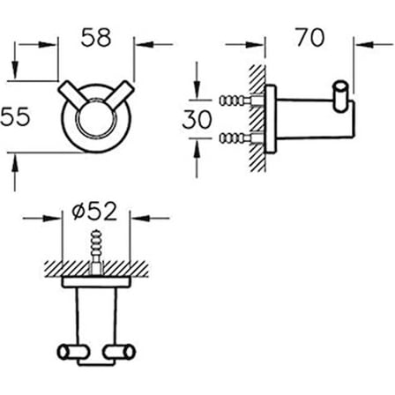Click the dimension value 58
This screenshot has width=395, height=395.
coord(96,37)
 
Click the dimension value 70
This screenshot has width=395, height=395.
coord(310,37)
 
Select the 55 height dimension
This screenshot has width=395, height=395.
coord(15,116)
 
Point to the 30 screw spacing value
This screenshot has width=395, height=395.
coord(197,119)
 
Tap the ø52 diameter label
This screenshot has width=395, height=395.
coord(94,212)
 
